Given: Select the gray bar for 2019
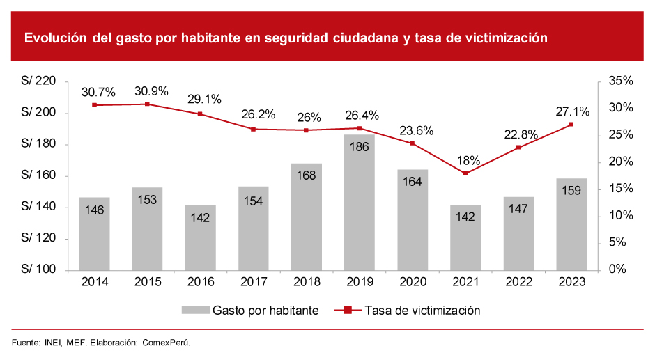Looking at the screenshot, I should (x=359, y=202).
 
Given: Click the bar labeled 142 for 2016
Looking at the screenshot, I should (x=200, y=237).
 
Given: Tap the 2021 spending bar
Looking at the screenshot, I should (x=465, y=237).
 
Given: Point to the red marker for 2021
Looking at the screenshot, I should (x=465, y=173).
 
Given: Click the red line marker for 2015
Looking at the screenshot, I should (x=147, y=104).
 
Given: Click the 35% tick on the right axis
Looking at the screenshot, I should (x=620, y=81).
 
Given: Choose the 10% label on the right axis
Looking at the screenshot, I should (x=620, y=216).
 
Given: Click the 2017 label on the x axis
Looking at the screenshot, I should (x=253, y=282).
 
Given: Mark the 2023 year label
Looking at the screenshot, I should (x=571, y=282).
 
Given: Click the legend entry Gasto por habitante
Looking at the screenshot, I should (x=265, y=311).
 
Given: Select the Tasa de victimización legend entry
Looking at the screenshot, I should (x=422, y=311).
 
